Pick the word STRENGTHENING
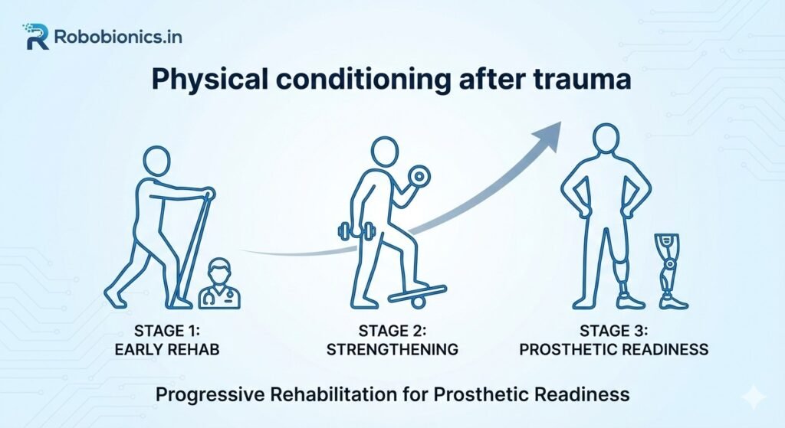click(392, 349)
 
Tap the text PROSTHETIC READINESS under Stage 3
click(613, 349)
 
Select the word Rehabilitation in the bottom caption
click(326, 395)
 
